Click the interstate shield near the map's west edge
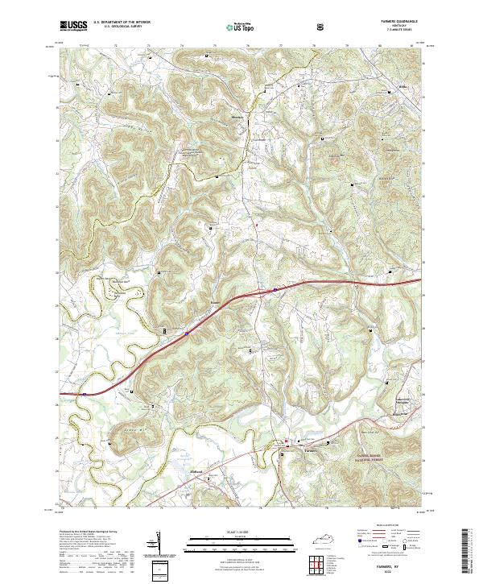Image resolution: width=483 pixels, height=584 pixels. coord(85,394)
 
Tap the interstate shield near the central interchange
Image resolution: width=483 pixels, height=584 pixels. coord(275,288)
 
